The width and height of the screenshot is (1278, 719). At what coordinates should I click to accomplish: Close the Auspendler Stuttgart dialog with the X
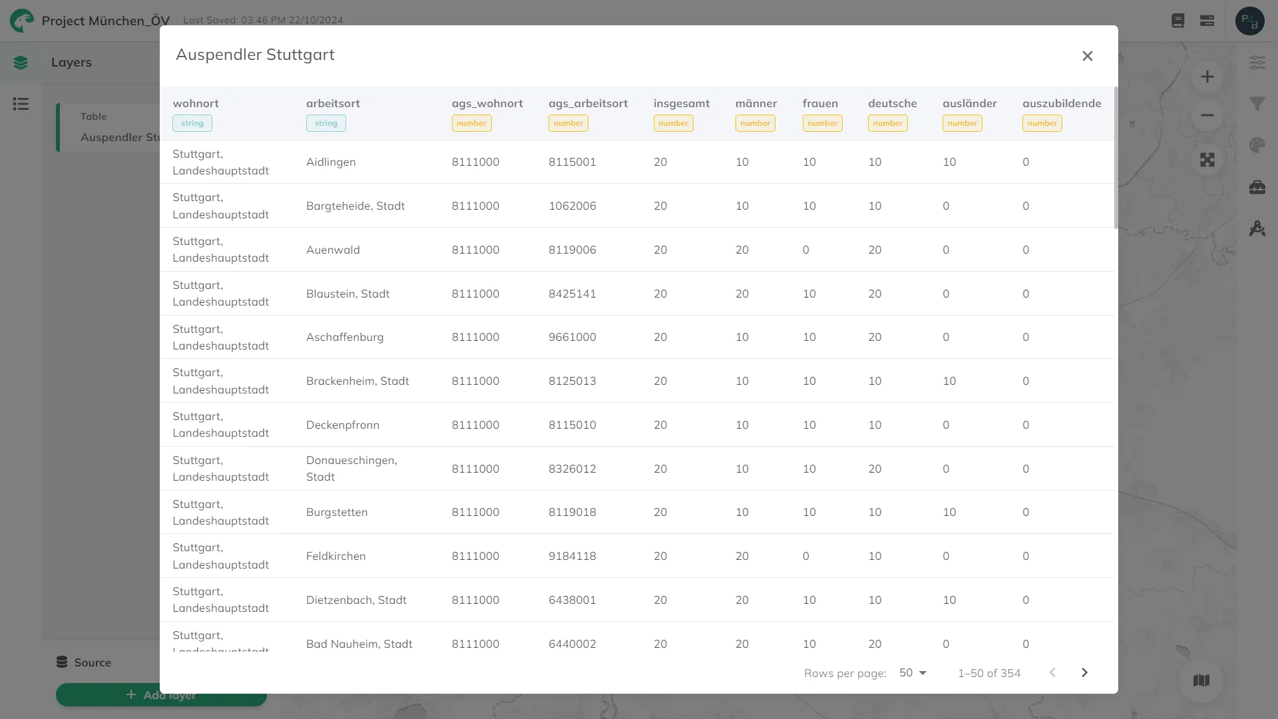pyautogui.click(x=1087, y=56)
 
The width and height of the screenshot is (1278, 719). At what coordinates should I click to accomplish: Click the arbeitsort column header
pyautogui.click(x=333, y=103)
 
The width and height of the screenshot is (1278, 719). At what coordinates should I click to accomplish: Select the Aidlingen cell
pyautogui.click(x=331, y=162)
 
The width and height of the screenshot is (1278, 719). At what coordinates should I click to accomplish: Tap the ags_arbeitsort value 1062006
pyautogui.click(x=572, y=206)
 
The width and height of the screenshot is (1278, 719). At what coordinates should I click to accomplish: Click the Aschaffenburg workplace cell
pyautogui.click(x=345, y=337)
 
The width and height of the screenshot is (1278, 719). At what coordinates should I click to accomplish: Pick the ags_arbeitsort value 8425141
pyautogui.click(x=572, y=294)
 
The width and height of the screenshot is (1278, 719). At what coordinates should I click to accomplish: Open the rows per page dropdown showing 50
pyautogui.click(x=913, y=672)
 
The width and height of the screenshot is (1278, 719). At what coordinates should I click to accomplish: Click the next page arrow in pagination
pyautogui.click(x=1084, y=672)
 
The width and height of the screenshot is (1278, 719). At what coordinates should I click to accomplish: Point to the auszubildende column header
pyautogui.click(x=1062, y=103)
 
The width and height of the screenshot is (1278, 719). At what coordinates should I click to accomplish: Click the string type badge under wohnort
pyautogui.click(x=192, y=123)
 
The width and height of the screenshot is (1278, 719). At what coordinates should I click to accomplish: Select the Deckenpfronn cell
pyautogui.click(x=343, y=425)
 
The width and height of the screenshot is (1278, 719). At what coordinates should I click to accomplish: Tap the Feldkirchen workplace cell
pyautogui.click(x=336, y=556)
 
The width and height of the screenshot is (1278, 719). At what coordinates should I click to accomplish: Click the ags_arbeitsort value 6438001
pyautogui.click(x=572, y=600)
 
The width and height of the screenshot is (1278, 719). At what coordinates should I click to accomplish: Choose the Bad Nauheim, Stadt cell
pyautogui.click(x=359, y=644)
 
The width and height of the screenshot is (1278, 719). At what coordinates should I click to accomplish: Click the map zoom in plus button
pyautogui.click(x=1207, y=77)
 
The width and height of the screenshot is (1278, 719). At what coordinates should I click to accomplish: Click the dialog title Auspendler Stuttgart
pyautogui.click(x=255, y=55)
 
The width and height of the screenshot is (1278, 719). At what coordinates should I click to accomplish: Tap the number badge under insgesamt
pyautogui.click(x=674, y=123)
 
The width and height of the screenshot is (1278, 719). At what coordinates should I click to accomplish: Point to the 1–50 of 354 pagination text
pyautogui.click(x=989, y=673)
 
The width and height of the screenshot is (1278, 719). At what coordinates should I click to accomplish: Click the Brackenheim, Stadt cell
pyautogui.click(x=357, y=381)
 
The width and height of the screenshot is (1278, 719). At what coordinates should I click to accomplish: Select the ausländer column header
pyautogui.click(x=970, y=103)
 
